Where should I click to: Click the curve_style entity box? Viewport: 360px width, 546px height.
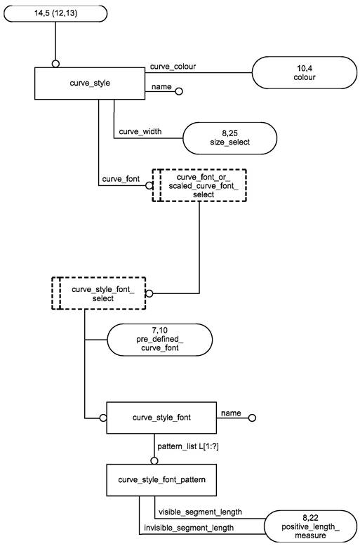pyautogui.click(x=90, y=84)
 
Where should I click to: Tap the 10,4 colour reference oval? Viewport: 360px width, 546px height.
pyautogui.click(x=305, y=73)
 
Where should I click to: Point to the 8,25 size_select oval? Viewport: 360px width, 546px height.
pyautogui.click(x=229, y=138)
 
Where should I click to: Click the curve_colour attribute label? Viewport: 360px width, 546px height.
pyautogui.click(x=173, y=66)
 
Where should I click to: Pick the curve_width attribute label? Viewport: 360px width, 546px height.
pyautogui.click(x=140, y=131)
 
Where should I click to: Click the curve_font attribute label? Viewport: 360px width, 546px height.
pyautogui.click(x=121, y=179)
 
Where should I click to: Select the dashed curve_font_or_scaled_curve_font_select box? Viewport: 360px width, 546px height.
pyautogui.click(x=199, y=185)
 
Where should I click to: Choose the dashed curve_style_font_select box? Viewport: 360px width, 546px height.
pyautogui.click(x=98, y=293)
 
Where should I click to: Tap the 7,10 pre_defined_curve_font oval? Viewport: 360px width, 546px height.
pyautogui.click(x=160, y=340)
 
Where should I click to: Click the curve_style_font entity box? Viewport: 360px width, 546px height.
pyautogui.click(x=161, y=418)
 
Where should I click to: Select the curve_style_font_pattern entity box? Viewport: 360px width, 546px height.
pyautogui.click(x=161, y=480)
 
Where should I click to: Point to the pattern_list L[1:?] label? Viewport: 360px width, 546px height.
pyautogui.click(x=188, y=447)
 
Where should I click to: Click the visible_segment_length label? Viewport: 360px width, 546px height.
pyautogui.click(x=200, y=512)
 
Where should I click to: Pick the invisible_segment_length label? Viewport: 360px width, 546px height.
pyautogui.click(x=189, y=528)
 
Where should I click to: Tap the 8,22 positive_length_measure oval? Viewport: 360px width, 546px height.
pyautogui.click(x=311, y=526)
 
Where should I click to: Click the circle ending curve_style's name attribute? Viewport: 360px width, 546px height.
pyautogui.click(x=179, y=91)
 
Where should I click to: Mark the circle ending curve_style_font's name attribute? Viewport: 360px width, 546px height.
pyautogui.click(x=252, y=418)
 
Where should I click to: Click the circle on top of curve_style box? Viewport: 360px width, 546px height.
pyautogui.click(x=55, y=64)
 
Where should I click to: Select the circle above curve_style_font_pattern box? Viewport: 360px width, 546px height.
pyautogui.click(x=154, y=460)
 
